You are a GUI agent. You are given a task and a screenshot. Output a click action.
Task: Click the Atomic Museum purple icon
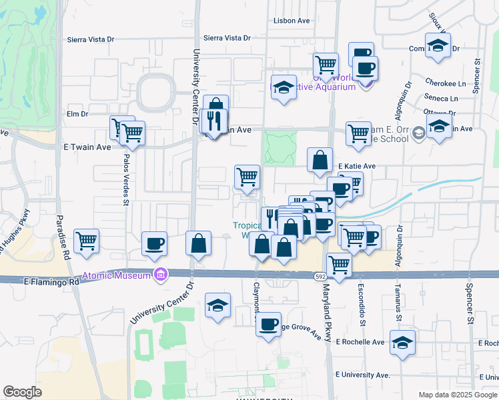[159, 274]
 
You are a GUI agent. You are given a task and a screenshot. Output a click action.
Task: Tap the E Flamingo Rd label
[51, 282]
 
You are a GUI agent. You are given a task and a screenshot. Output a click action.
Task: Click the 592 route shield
[320, 275]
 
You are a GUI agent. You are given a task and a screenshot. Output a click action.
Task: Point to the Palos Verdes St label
[125, 179]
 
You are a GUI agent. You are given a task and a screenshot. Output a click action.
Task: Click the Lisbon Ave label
[292, 21]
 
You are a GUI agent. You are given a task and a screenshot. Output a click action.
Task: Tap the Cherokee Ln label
[445, 83]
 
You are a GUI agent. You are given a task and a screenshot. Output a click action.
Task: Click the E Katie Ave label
[357, 166]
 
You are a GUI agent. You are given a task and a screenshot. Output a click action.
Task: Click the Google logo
[22, 392]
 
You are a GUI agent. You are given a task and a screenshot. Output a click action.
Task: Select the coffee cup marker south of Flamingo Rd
[269, 325]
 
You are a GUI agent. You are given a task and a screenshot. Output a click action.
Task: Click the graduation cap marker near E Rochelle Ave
[402, 343]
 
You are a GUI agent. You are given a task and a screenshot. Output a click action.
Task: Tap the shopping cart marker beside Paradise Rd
[87, 241]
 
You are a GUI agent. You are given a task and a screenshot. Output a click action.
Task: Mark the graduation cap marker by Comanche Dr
[438, 45]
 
